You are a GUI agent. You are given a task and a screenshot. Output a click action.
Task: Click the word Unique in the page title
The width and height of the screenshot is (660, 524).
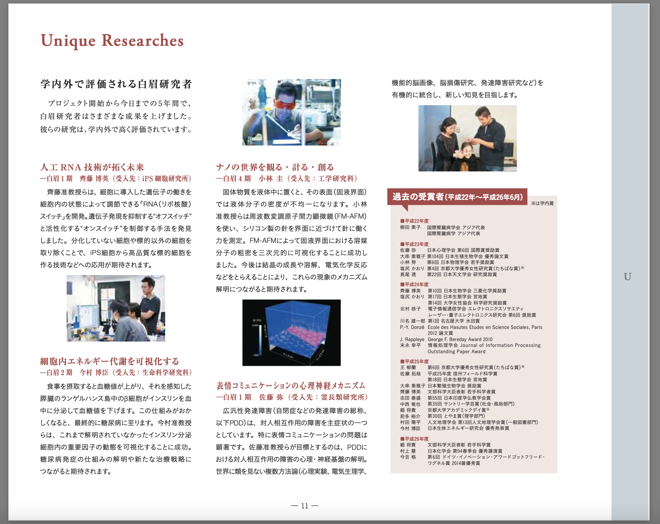pos(68,41)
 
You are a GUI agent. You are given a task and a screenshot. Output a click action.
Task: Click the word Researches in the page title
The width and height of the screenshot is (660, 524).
pos(142,40)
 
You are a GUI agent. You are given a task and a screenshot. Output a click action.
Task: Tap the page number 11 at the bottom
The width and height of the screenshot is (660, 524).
pos(305,506)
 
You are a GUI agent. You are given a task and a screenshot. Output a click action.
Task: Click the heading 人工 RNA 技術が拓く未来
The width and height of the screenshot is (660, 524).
pos(92,167)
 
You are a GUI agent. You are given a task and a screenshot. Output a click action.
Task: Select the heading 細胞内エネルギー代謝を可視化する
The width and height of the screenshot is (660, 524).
pos(109,361)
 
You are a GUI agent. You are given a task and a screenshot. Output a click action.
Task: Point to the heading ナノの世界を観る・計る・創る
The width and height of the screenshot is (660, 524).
pos(275,167)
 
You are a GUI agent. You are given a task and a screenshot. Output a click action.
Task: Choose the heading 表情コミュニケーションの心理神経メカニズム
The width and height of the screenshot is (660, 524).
pos(291,386)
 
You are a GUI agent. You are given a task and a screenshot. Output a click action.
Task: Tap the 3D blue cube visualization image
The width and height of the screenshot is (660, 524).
pos(291,332)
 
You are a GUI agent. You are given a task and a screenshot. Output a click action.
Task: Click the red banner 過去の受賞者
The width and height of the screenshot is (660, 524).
pos(457,197)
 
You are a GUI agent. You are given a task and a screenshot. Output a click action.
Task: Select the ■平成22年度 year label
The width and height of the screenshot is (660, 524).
pos(414,221)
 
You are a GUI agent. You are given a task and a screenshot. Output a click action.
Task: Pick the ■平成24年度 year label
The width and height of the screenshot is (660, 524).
pos(414,285)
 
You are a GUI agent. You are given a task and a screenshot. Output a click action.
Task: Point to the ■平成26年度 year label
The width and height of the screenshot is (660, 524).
pos(414,439)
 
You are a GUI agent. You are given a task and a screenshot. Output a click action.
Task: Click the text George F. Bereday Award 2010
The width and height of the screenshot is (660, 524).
pos(460,339)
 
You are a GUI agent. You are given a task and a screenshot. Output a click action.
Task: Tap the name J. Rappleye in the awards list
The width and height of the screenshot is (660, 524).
pos(412,339)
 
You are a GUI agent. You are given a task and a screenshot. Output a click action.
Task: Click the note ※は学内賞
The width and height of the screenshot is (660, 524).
pos(542,203)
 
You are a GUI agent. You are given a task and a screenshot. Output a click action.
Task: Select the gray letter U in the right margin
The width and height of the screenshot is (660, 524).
pos(627,277)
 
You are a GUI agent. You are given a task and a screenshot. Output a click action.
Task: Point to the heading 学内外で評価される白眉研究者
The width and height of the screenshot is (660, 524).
pos(116,84)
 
